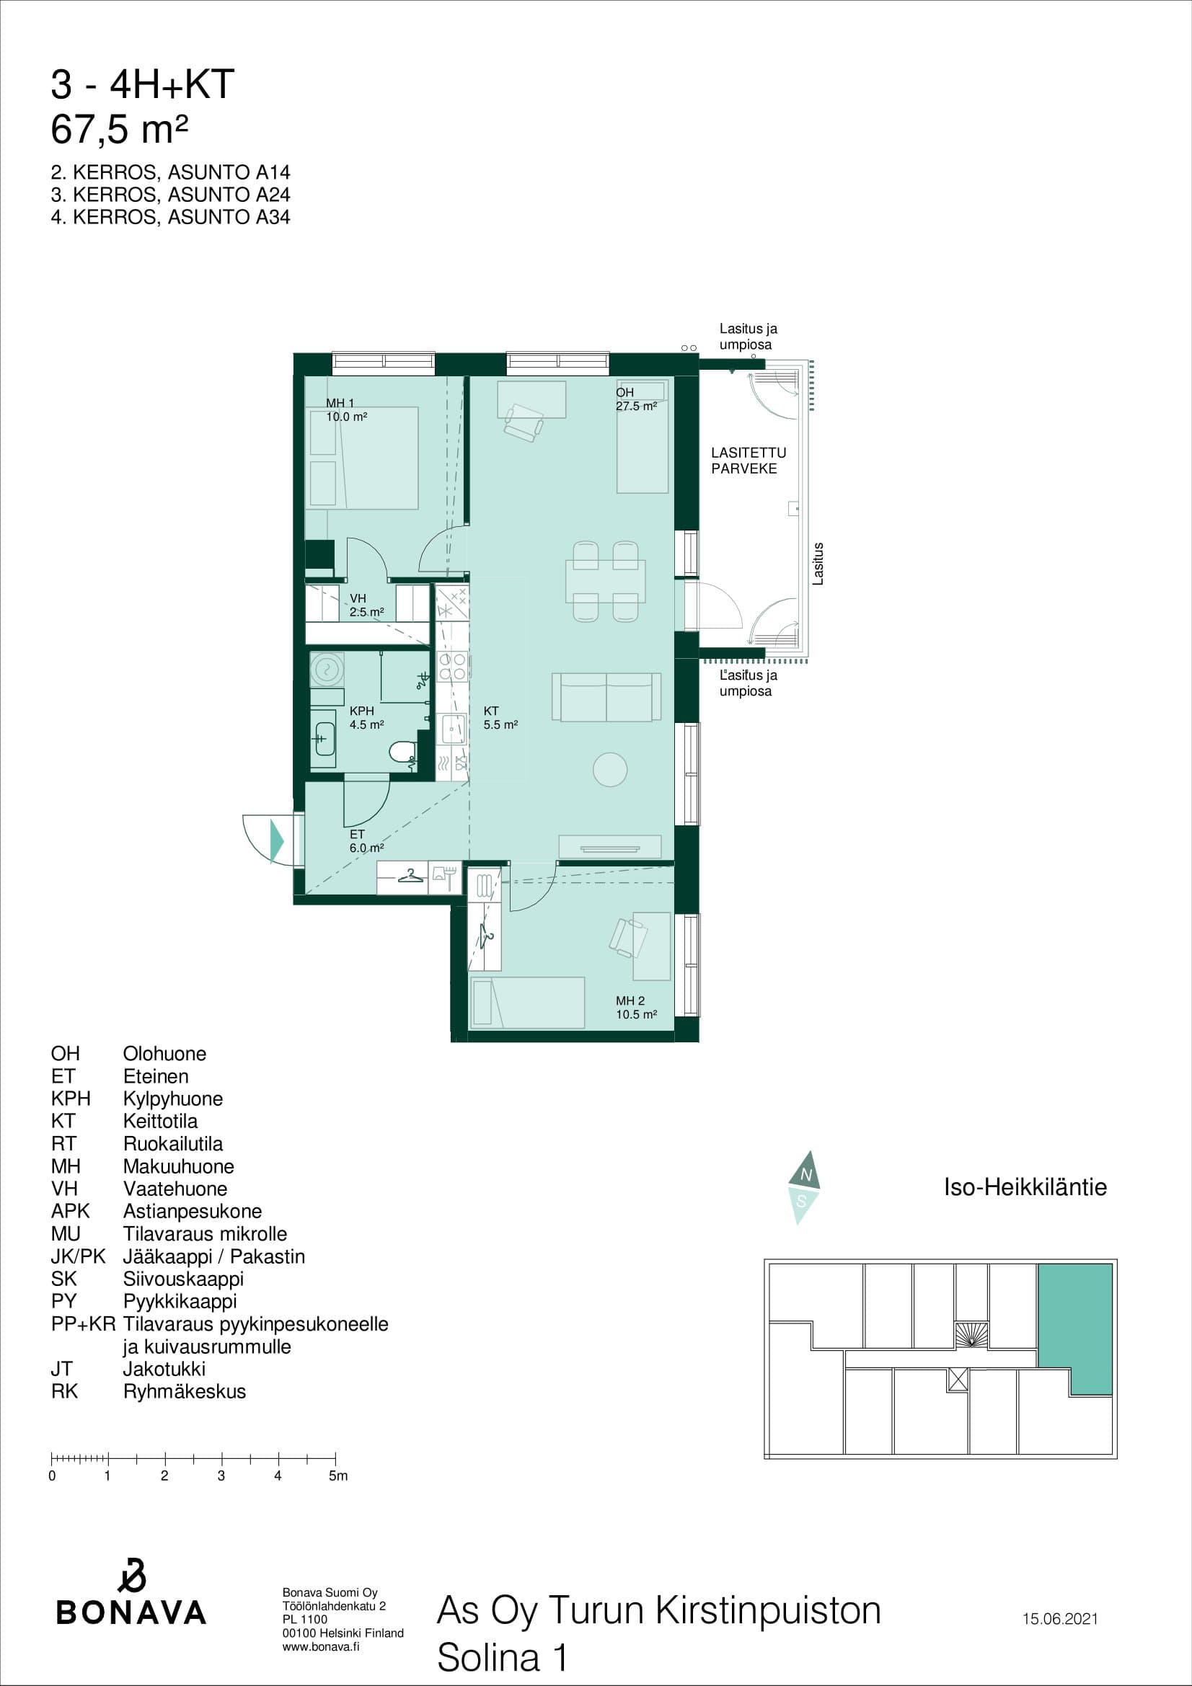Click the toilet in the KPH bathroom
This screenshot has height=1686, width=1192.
click(402, 752)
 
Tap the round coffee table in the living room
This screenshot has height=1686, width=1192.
click(609, 770)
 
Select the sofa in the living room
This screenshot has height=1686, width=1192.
click(606, 696)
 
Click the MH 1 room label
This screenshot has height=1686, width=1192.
click(340, 403)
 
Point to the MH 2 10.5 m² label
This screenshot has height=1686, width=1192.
click(636, 1008)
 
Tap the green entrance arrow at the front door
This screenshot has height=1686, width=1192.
click(277, 840)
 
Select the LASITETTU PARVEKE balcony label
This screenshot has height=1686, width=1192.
click(749, 461)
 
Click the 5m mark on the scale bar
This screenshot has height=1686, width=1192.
click(335, 1456)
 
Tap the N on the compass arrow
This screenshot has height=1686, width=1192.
click(805, 1176)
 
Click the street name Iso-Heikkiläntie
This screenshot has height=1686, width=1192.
click(1025, 1186)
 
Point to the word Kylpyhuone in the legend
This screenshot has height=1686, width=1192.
click(172, 1099)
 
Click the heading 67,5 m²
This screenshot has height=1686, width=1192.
click(120, 130)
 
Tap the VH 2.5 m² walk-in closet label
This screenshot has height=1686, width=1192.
click(366, 605)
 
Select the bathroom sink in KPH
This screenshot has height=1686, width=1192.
click(323, 739)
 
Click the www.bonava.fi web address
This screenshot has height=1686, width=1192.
click(321, 1646)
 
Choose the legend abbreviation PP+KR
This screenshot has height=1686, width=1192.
click(83, 1324)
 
